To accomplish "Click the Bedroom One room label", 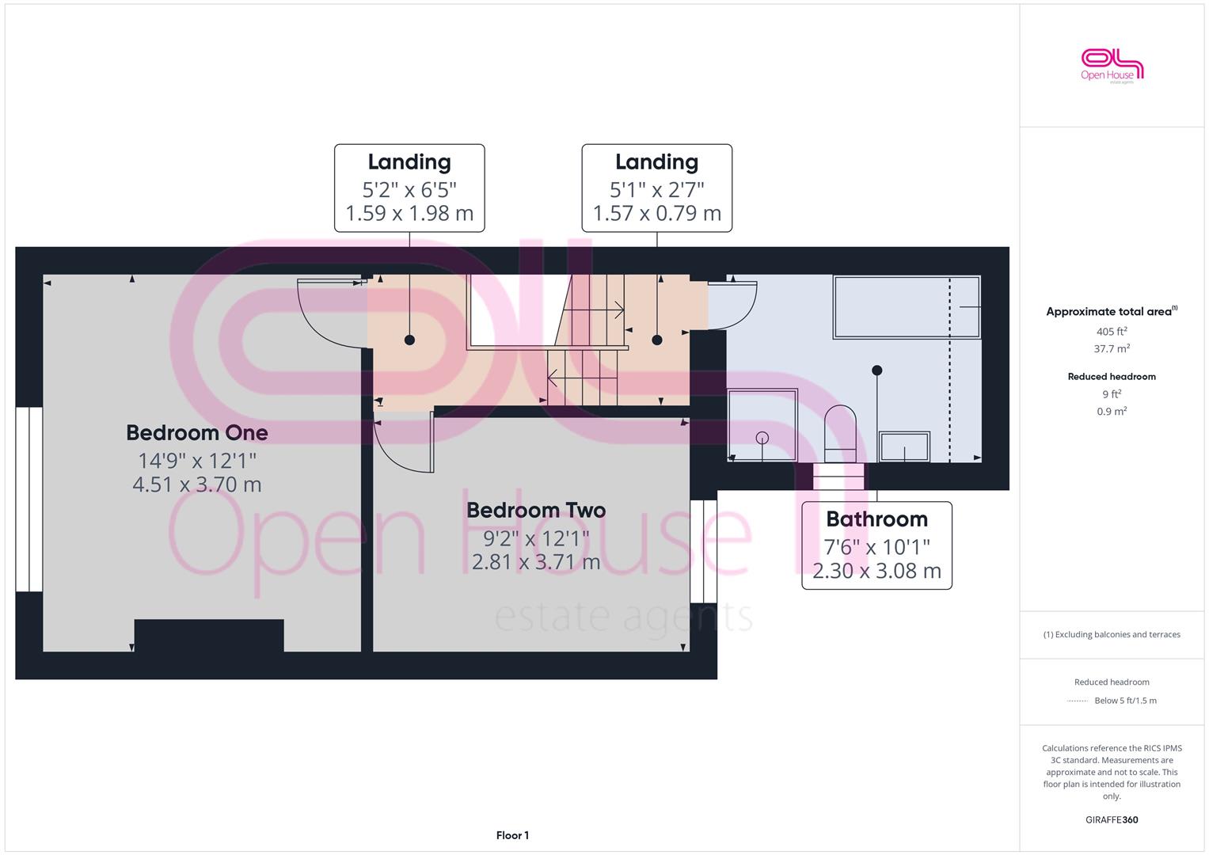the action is coord(197,433).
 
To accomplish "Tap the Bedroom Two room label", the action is coord(536,511).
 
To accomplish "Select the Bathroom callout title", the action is coord(877,519).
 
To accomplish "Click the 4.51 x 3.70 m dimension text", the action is coord(197,484).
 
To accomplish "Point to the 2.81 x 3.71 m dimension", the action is coord(536,562).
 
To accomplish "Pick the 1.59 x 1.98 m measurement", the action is coord(409,214).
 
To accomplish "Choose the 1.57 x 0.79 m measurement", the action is coord(657,214).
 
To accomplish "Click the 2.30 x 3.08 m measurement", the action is coord(877,571).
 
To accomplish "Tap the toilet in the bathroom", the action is coord(840,434).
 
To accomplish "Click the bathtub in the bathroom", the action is coord(907,307).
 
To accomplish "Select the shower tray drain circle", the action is coord(762,438).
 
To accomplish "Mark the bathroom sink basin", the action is coord(905,446).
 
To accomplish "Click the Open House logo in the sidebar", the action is coord(1112,66).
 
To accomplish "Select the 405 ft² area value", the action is coord(1112,332).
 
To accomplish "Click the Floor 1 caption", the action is coord(513,835).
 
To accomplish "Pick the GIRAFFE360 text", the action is coord(1112,820).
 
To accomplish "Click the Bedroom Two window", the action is coord(704,551).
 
